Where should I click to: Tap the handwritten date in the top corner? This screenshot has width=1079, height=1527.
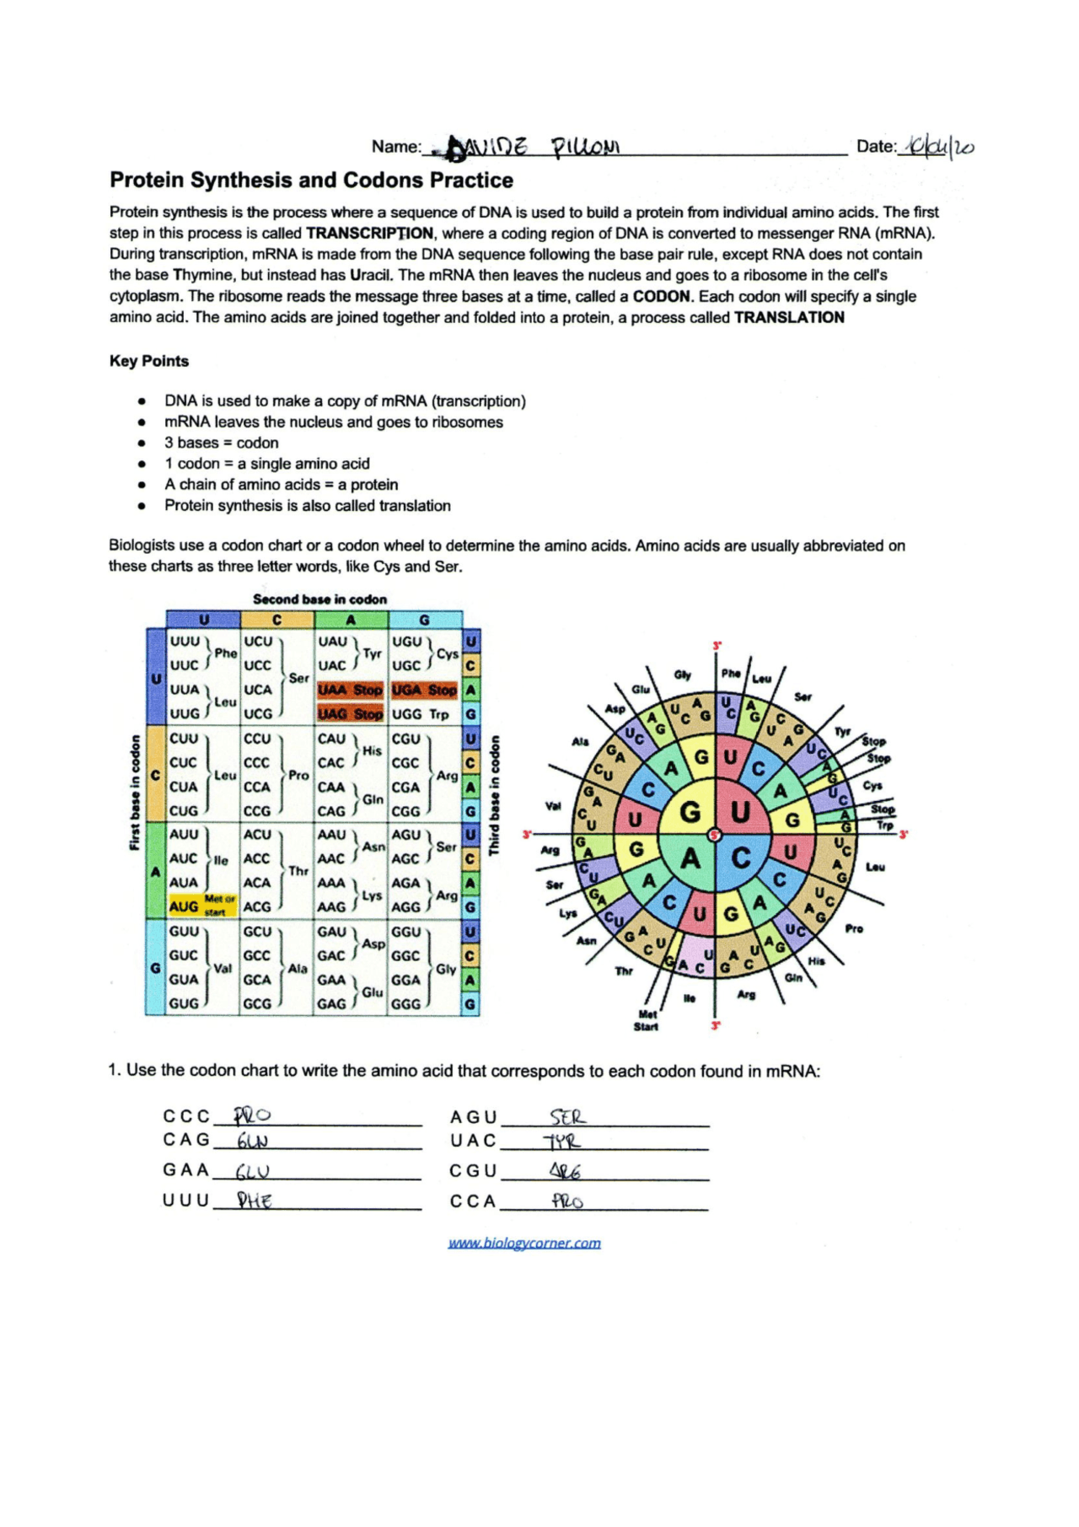pyautogui.click(x=937, y=147)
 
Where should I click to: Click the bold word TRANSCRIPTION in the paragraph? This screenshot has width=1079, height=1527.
pyautogui.click(x=369, y=234)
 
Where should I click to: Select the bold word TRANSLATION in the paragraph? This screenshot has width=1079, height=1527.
pyautogui.click(x=788, y=318)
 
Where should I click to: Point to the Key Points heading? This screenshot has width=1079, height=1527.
pyautogui.click(x=149, y=361)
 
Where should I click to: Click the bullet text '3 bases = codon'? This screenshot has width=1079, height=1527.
pyautogui.click(x=221, y=443)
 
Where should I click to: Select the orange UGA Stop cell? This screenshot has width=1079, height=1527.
pyautogui.click(x=424, y=690)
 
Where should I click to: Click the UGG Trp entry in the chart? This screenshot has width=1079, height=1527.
pyautogui.click(x=421, y=714)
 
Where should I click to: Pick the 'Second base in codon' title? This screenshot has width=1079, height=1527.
pyautogui.click(x=319, y=600)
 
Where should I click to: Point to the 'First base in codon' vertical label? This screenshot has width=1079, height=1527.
pyautogui.click(x=135, y=793)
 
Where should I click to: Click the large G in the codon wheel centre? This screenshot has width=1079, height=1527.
pyautogui.click(x=690, y=812)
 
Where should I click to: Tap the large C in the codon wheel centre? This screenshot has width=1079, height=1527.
pyautogui.click(x=741, y=858)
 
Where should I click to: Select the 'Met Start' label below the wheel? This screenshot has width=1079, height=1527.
pyautogui.click(x=647, y=1020)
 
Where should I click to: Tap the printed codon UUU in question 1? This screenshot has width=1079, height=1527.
pyautogui.click(x=185, y=1201)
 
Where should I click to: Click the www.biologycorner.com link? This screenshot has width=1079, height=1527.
pyautogui.click(x=524, y=1243)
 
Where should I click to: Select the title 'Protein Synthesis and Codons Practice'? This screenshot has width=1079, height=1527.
pyautogui.click(x=311, y=180)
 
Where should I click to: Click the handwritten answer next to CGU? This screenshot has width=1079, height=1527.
pyautogui.click(x=565, y=1171)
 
